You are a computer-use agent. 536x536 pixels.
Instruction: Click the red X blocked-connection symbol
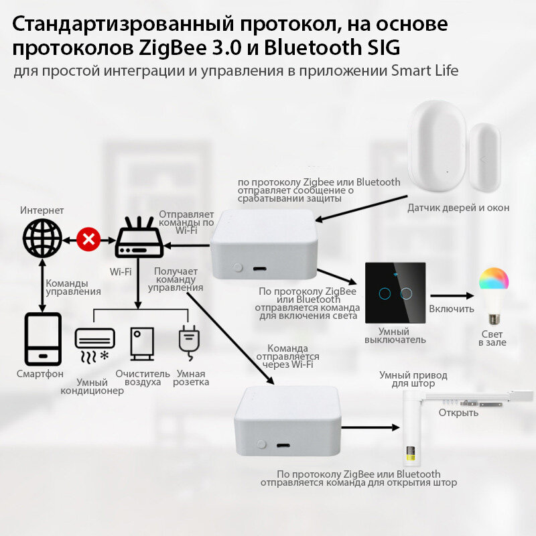click(87, 239)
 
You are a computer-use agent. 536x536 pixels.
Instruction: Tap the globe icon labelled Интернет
click(42, 239)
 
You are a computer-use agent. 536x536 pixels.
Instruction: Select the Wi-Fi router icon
click(139, 239)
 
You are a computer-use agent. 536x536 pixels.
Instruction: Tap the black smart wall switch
click(395, 292)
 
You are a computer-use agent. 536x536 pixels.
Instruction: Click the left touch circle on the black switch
click(385, 293)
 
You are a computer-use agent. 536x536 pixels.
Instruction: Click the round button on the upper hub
click(236, 267)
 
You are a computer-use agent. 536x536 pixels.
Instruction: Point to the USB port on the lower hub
click(282, 445)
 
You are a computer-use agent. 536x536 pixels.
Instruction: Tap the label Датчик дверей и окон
click(458, 208)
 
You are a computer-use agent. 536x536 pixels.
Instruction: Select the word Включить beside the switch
click(452, 309)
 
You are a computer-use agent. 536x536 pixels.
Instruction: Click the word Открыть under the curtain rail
click(458, 412)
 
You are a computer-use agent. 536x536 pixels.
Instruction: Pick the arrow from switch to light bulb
click(452, 295)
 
